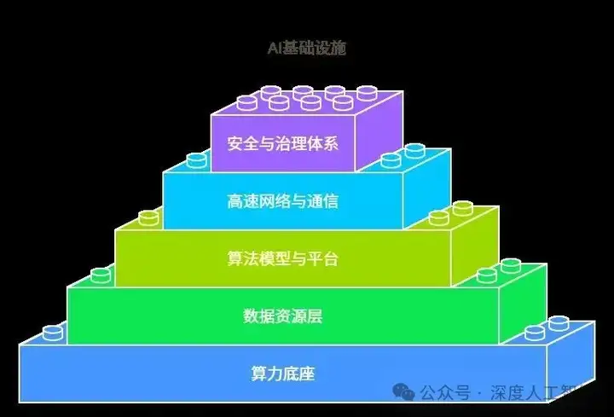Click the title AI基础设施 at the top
coord(307,48)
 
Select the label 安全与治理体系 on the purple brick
coord(283,143)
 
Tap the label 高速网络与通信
coord(283,201)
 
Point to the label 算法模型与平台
coord(283,258)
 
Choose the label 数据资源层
coord(283,316)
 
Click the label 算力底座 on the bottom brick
coord(283,374)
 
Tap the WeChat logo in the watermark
coord(403,391)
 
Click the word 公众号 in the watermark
coord(445,392)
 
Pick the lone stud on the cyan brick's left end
coord(197,160)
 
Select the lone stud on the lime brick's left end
coord(148,218)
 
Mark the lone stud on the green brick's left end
coord(101,275)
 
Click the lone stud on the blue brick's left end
coord(53,333)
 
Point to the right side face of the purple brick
coord(379,131)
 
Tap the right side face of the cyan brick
coord(427,188)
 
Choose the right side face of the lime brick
coord(475,246)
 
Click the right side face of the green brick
coord(523,304)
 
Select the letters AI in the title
coord(275,48)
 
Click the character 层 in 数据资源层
coord(315,316)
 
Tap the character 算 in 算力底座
coord(259,374)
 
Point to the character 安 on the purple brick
coord(235,143)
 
